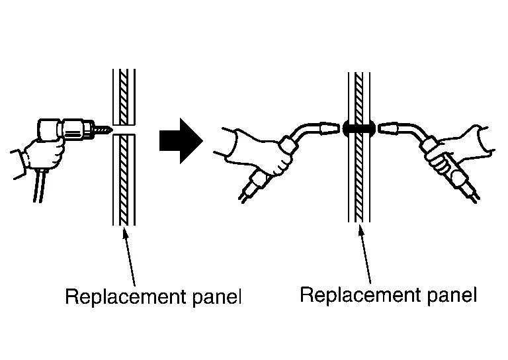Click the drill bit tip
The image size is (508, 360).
tap(112, 130)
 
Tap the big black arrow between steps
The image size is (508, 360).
tap(181, 141)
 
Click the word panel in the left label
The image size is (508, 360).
tap(217, 296)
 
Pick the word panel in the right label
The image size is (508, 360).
tap(452, 295)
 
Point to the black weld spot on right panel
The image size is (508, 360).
tap(359, 128)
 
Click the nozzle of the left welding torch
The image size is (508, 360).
tap(329, 128)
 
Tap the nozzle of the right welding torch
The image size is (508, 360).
tap(388, 128)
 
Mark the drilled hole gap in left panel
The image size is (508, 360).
tap(124, 130)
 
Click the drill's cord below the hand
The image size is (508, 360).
tap(38, 185)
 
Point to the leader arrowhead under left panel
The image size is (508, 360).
tap(124, 232)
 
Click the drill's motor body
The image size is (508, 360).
tap(50, 130)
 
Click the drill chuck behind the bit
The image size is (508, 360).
tap(90, 129)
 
